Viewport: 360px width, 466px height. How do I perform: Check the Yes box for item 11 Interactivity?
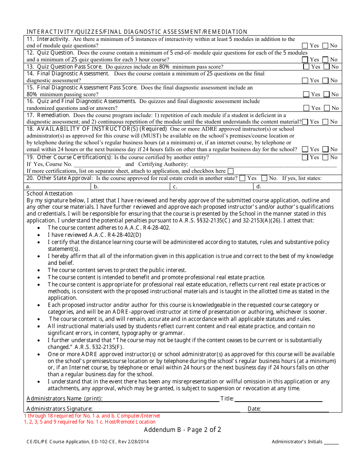point(305,45)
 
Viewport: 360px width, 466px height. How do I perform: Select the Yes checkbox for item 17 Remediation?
point(305,122)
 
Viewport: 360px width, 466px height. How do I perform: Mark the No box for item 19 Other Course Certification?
point(326,157)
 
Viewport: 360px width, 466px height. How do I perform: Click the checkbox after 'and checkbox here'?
point(230,171)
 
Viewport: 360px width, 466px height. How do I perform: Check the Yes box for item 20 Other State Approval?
point(243,178)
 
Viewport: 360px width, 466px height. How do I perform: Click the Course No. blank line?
point(97,164)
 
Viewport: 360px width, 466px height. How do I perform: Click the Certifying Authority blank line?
point(263,164)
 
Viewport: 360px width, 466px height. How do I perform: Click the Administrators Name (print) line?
point(161,399)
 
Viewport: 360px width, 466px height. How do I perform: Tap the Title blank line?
point(278,399)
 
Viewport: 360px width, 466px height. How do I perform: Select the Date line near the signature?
point(295,409)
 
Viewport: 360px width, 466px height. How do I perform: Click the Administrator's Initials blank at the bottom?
point(331,442)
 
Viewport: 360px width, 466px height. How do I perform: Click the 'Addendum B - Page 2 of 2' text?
point(182,430)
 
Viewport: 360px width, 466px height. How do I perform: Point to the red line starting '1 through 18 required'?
point(92,416)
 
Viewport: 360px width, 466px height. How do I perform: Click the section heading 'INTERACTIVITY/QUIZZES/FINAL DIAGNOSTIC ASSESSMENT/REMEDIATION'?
point(137,32)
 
